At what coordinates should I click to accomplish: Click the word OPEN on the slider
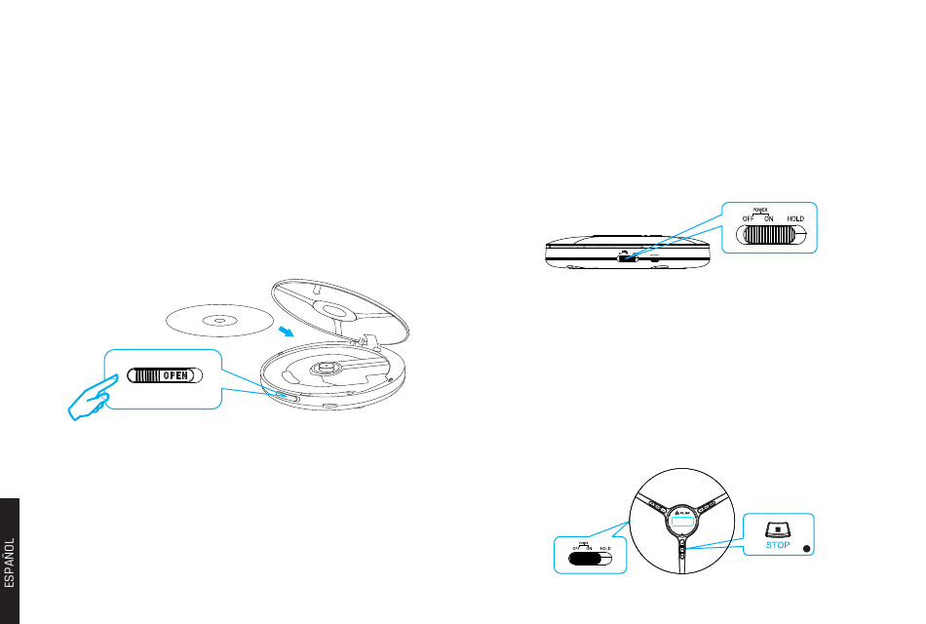click(174, 375)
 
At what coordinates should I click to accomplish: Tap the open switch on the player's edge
click(286, 396)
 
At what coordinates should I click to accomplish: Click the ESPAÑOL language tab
click(9, 561)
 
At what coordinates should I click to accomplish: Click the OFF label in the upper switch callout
click(749, 219)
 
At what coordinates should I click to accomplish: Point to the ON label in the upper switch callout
click(768, 219)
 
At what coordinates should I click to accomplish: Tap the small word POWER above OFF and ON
click(761, 210)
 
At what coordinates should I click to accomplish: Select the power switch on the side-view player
click(627, 257)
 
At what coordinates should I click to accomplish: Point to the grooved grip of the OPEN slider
click(145, 375)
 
